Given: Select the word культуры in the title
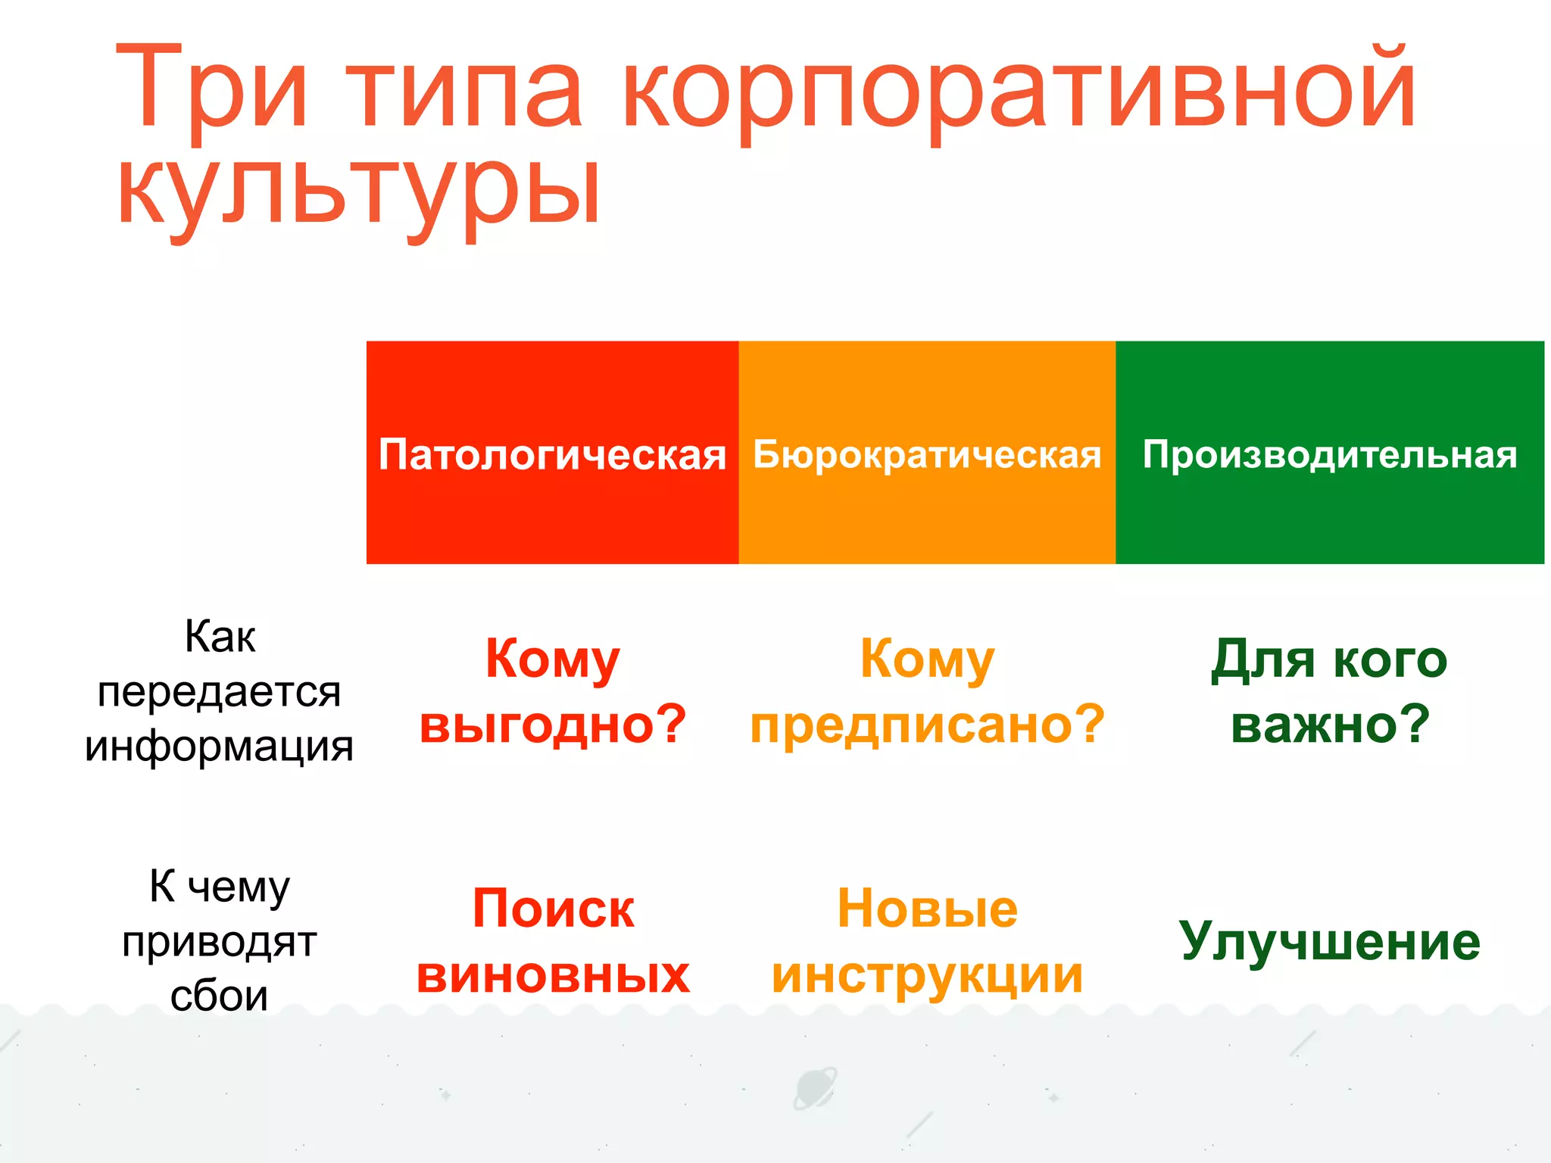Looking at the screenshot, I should pos(360,193).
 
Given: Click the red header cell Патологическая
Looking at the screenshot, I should pos(552,454).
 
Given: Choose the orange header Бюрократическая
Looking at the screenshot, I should pos(927,454).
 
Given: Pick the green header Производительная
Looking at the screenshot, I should pos(1330,454).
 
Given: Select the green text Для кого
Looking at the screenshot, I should pos(1329,659).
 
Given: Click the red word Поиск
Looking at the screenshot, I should pos(553,909).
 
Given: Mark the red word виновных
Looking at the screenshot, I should pos(553,974).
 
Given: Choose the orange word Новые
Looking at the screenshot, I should pos(928,909).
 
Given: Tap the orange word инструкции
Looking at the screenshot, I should pos(928,974).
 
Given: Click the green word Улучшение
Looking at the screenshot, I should pos(1330,941).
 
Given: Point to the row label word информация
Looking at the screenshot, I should pos(219,747).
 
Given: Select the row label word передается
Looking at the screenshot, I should pos(219,692).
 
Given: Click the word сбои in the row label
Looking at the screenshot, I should pos(219,996).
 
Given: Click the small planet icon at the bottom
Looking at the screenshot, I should pos(814,1089).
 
